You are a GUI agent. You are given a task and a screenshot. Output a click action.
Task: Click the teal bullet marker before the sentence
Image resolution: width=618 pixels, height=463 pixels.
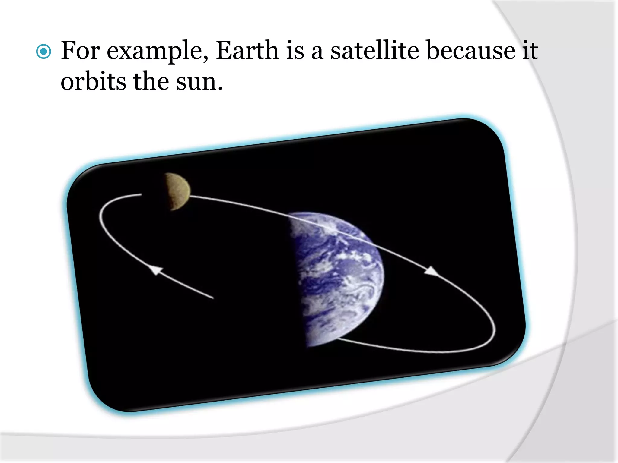[x=43, y=52]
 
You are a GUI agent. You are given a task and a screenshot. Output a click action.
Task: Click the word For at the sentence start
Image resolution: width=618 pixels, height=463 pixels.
[x=80, y=51]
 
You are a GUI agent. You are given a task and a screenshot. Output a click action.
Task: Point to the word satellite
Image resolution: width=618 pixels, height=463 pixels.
[x=374, y=51]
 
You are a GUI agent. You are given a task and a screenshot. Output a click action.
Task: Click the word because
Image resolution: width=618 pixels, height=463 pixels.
[x=471, y=51]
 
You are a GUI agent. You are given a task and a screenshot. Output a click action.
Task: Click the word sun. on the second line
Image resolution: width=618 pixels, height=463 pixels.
[x=199, y=82]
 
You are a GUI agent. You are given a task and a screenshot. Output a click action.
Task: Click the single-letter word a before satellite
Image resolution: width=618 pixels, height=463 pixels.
[x=317, y=52]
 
